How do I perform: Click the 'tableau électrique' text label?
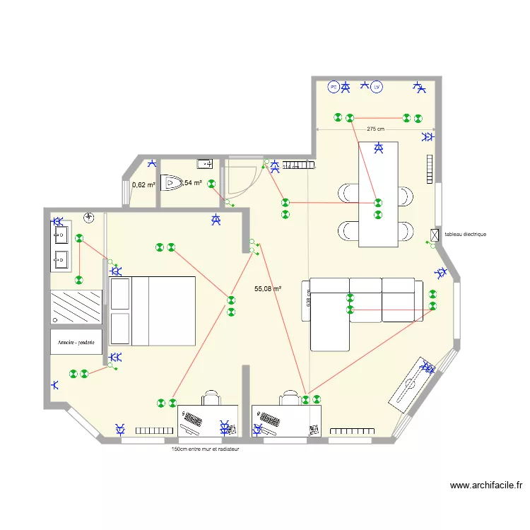(x=465, y=234)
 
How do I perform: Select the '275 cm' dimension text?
(x=375, y=129)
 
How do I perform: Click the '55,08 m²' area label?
(x=268, y=288)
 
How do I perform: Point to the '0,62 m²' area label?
(x=143, y=185)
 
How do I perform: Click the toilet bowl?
(x=172, y=183)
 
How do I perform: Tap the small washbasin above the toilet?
(x=204, y=164)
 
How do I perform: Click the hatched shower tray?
(x=76, y=307)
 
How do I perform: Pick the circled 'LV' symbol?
(x=377, y=88)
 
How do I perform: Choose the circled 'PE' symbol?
(x=333, y=88)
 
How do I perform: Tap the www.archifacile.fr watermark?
(x=486, y=485)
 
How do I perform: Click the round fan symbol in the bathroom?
(x=89, y=218)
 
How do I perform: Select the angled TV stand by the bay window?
(x=410, y=386)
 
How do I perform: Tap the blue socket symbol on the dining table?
(x=379, y=148)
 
